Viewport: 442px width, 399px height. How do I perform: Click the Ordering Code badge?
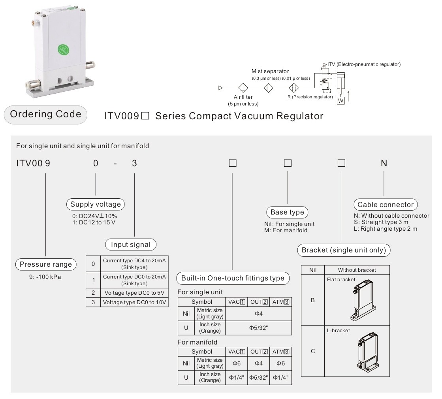pos(45,115)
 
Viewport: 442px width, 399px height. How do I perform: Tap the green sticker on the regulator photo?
pos(63,49)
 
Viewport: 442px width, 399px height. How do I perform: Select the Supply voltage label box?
pos(96,204)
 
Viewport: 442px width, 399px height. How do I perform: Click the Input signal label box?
pos(131,245)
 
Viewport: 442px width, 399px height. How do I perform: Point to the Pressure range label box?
pos(46,265)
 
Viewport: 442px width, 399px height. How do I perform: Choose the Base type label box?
pos(287,212)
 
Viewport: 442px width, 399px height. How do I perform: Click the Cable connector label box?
pos(386,205)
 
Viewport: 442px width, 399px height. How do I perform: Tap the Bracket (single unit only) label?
pos(344,250)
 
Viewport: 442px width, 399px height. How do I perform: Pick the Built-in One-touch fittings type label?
pos(233,278)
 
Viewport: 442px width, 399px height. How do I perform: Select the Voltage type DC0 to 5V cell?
pos(134,293)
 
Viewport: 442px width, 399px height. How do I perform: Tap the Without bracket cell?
pos(357,270)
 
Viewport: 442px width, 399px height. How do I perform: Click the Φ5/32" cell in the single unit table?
pos(258,328)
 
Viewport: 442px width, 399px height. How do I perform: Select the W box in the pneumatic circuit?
pos(341,100)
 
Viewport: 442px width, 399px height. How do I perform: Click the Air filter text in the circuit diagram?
pos(243,97)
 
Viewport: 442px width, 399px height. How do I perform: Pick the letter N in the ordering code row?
pos(384,163)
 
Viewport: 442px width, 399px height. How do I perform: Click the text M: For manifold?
pos(286,230)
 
